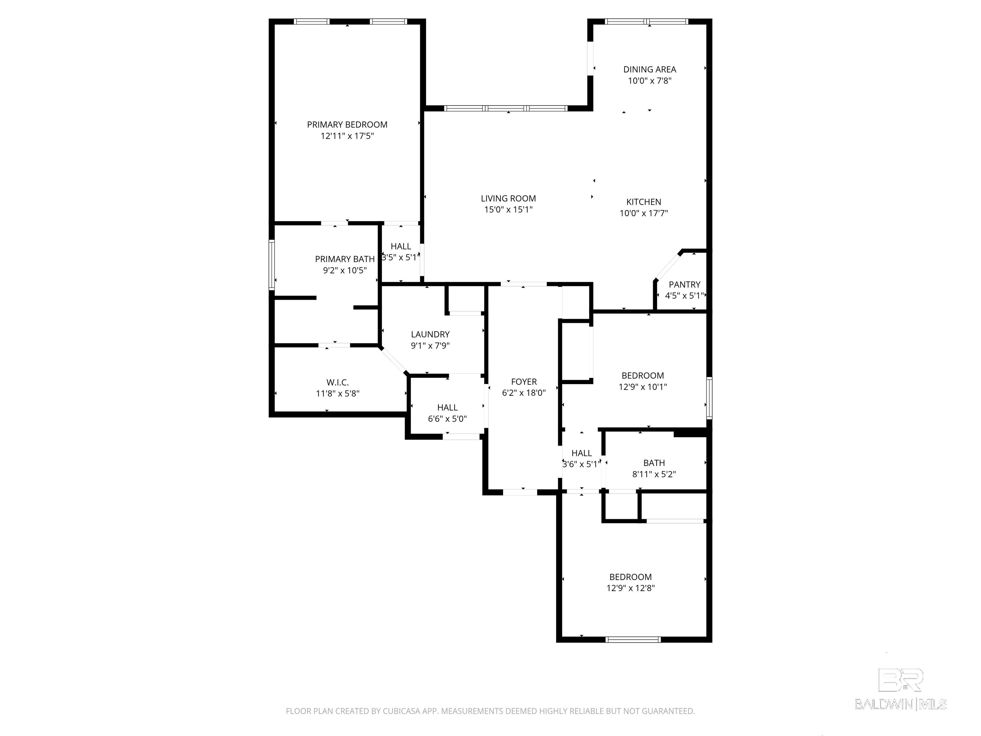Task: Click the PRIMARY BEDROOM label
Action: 347,125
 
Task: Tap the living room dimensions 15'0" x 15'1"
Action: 508,210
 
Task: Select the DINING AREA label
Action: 650,69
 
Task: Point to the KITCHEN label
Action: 643,202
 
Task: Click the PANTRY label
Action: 685,284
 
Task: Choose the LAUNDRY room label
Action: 430,334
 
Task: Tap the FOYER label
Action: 524,381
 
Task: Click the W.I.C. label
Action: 338,382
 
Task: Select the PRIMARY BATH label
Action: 345,259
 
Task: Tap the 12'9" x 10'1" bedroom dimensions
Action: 643,387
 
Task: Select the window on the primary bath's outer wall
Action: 272,265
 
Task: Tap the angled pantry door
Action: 667,267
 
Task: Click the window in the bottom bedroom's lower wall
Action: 633,639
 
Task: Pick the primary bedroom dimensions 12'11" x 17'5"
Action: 347,136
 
